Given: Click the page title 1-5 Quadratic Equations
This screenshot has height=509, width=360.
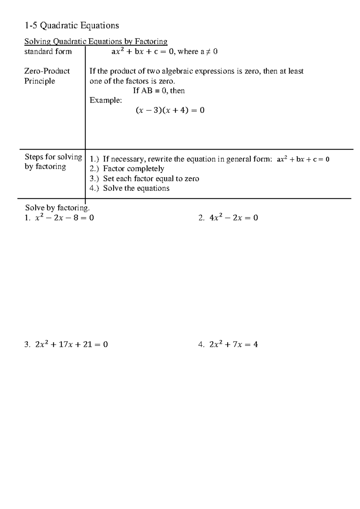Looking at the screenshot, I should tap(72, 26).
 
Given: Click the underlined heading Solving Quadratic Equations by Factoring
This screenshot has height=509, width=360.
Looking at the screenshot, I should tap(96, 41).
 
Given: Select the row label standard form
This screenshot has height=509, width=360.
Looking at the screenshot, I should tap(48, 52).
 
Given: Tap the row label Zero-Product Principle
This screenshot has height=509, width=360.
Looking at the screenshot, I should tap(47, 76).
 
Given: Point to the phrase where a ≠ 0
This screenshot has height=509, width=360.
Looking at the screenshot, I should tap(198, 52).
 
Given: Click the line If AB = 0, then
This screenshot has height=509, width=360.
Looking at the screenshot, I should tap(159, 91).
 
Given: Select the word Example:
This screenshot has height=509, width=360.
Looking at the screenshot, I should tap(106, 100).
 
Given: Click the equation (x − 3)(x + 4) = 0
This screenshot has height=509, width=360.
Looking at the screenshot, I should tap(170, 110).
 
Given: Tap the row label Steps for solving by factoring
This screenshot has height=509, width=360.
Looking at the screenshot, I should tap(53, 162).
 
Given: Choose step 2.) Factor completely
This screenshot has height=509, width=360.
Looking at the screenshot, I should tap(127, 169).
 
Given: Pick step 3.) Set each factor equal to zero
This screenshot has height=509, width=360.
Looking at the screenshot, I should tap(144, 179).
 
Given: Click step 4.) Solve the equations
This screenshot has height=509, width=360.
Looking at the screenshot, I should tap(130, 188).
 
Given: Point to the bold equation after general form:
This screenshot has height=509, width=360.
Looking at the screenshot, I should tap(303, 159).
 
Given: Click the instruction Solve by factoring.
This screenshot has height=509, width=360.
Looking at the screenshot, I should tap(57, 208).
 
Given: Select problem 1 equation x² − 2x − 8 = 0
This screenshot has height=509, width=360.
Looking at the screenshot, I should tap(64, 218).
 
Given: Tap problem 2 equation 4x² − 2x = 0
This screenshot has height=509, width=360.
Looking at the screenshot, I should tap(234, 218).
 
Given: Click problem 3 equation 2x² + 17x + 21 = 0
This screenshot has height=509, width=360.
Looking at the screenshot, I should tap(71, 345).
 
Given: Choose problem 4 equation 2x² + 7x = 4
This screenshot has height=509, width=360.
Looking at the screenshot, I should tap(233, 345).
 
